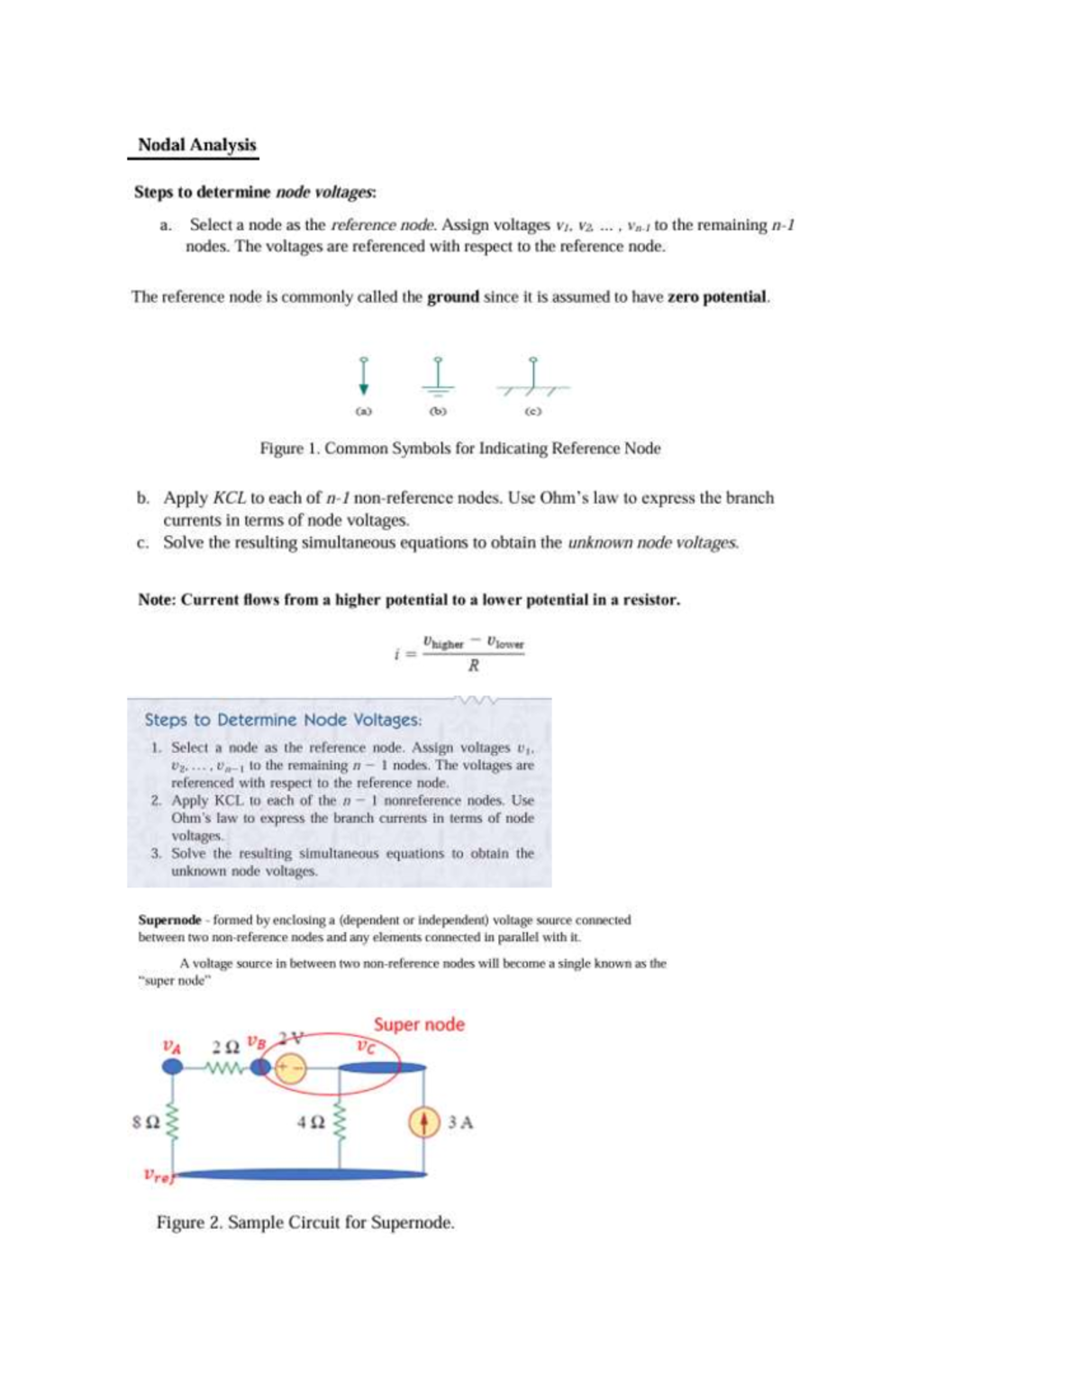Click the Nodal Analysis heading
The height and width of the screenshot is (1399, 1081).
196,145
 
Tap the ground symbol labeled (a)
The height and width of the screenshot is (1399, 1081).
363,377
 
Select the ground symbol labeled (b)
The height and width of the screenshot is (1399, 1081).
439,377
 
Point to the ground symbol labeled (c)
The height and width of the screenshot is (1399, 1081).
532,377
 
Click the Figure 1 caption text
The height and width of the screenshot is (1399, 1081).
459,449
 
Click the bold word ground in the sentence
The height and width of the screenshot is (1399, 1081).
452,297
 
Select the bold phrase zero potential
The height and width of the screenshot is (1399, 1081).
717,297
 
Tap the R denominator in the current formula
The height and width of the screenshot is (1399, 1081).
473,667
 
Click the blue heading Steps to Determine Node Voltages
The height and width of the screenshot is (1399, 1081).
283,720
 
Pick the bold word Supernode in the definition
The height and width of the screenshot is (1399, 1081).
169,920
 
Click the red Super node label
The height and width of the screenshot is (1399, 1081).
419,1024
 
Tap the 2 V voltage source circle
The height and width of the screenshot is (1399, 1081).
291,1068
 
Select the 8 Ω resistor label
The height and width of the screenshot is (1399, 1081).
147,1123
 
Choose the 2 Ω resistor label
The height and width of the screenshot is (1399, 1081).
225,1047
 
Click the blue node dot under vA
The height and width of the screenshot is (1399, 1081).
171,1067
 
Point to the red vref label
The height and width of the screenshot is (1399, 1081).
157,1175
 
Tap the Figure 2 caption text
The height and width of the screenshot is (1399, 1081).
305,1222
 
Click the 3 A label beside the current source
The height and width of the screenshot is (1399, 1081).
460,1122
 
